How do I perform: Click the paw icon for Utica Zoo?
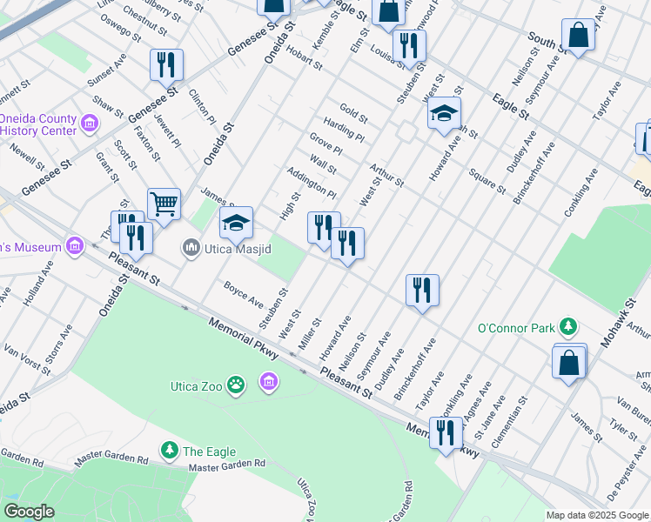(235, 384)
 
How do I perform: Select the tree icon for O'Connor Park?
(568, 326)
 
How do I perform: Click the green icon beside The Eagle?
(169, 450)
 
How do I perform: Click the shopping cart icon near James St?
(163, 204)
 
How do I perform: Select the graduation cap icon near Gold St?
(444, 113)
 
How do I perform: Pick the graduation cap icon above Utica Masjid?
(236, 223)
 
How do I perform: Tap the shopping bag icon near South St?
(578, 36)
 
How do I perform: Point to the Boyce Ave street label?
(243, 293)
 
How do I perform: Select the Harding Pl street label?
(343, 130)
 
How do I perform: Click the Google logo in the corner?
(29, 512)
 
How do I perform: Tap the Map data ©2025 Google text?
(597, 515)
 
